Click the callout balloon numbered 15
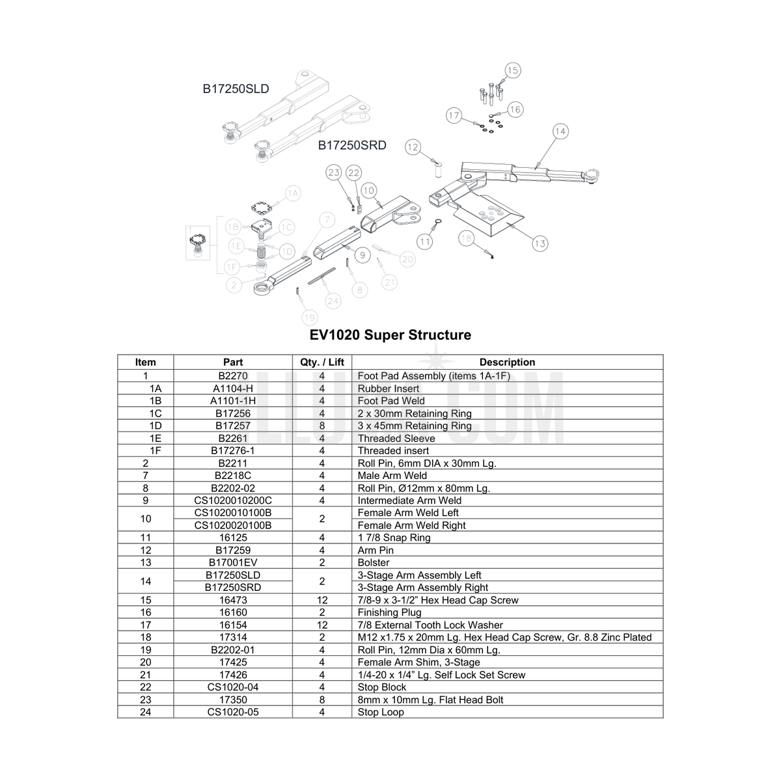click(513, 70)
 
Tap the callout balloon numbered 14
click(560, 131)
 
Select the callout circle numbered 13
click(540, 243)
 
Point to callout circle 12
click(413, 147)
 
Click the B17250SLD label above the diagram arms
click(236, 89)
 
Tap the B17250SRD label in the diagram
click(352, 145)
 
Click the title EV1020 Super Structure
click(390, 335)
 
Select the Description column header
click(507, 362)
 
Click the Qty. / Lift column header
click(322, 362)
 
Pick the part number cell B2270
click(233, 376)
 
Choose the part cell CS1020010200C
click(233, 500)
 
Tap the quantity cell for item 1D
click(322, 426)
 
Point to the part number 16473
click(233, 600)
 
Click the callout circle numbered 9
click(363, 255)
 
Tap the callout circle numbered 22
click(354, 173)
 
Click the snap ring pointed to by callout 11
click(438, 221)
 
